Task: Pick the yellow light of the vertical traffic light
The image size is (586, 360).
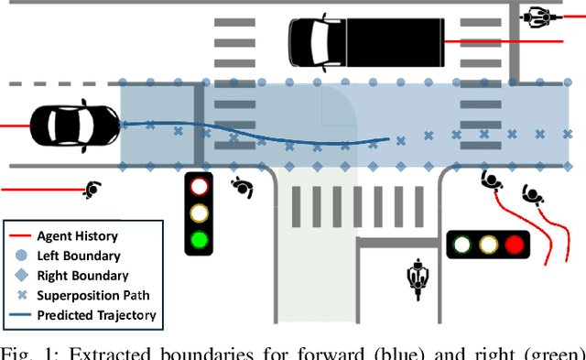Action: (198, 214)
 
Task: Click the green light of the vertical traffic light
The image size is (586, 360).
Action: (198, 241)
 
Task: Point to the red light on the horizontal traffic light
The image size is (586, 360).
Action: (515, 245)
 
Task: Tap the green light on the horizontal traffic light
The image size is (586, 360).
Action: (462, 245)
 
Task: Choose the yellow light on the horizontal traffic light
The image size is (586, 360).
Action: (489, 245)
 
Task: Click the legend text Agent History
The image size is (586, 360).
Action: (77, 236)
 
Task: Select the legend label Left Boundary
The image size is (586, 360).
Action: (79, 256)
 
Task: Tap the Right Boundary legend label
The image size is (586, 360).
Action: (82, 275)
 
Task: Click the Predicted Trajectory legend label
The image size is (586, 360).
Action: (96, 315)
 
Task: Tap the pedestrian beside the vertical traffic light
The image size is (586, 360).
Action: (242, 187)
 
